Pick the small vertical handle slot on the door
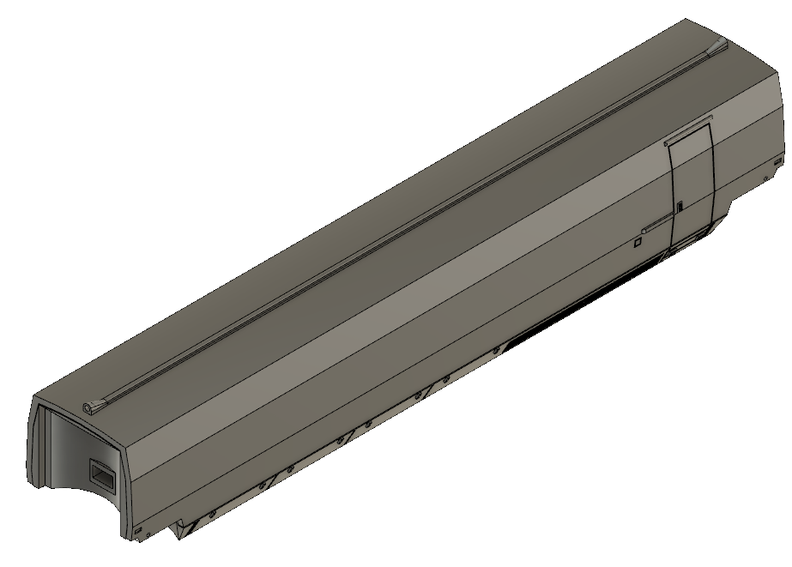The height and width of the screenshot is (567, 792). click(679, 207)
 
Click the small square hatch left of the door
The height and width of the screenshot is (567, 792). click(637, 244)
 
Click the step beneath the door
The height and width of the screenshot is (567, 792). click(686, 244)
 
